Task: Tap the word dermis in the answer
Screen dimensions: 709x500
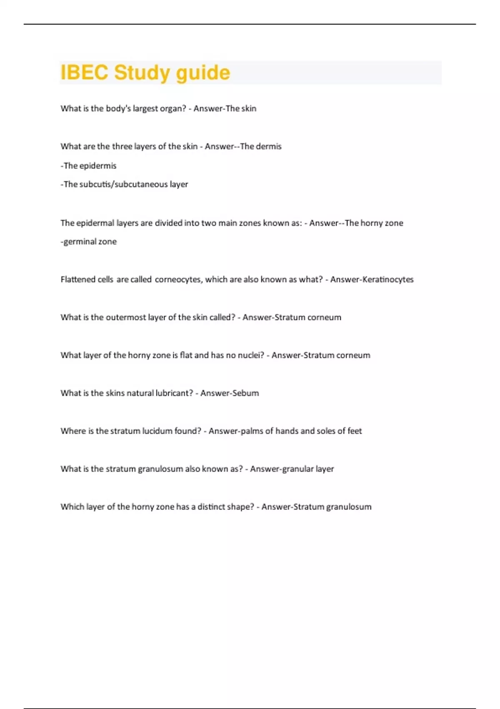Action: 270,146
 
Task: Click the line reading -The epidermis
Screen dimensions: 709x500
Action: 88,166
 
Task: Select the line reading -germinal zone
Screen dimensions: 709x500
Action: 88,241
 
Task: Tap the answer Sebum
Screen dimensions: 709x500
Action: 246,393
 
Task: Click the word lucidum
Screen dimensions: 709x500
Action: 157,431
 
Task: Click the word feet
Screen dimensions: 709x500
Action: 355,431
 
